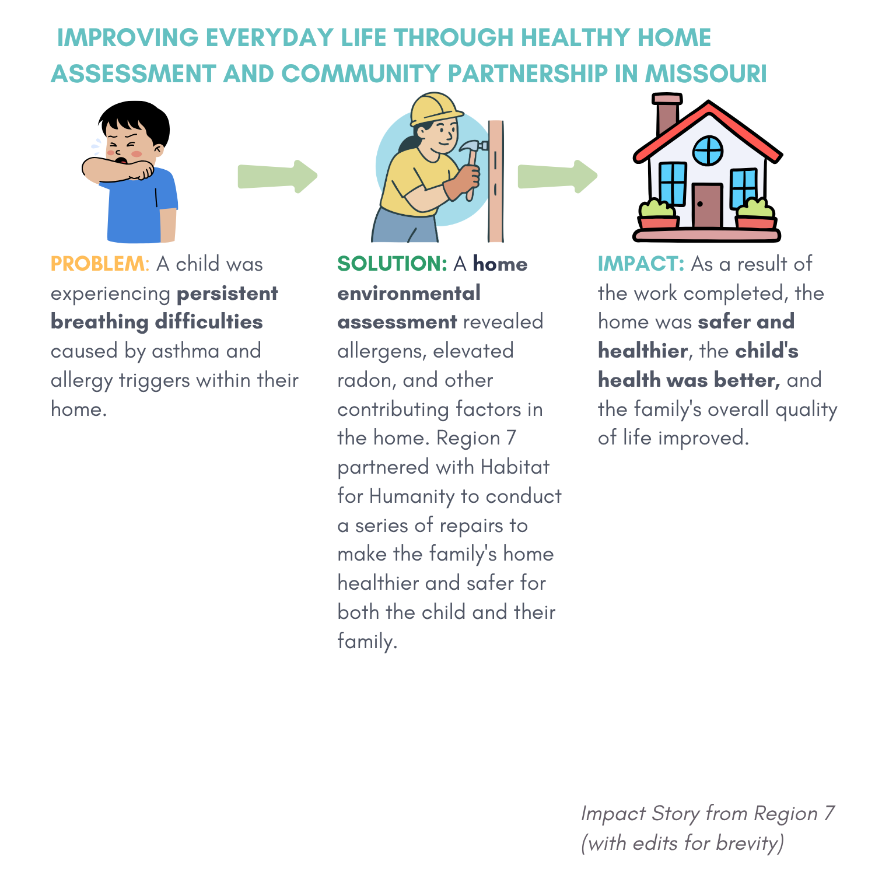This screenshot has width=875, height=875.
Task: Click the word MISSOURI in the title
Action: pyautogui.click(x=705, y=74)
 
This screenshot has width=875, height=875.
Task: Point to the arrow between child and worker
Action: pyautogui.click(x=278, y=176)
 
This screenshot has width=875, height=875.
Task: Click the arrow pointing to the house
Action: pyautogui.click(x=558, y=176)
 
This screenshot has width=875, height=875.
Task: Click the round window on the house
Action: pyautogui.click(x=708, y=150)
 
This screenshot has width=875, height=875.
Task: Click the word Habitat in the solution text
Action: pyautogui.click(x=515, y=467)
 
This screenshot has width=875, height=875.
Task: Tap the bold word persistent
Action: pyautogui.click(x=228, y=293)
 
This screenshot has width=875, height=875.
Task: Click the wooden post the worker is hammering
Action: pyautogui.click(x=496, y=181)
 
